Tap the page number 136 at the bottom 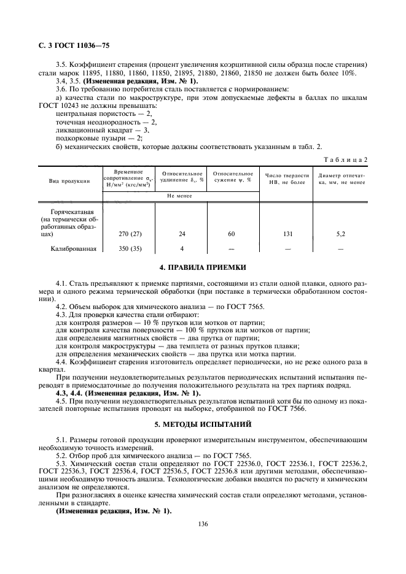[202, 522]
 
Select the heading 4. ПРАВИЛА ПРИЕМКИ [202, 267]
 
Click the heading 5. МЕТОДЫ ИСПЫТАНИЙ [202, 423]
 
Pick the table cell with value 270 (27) [128, 234]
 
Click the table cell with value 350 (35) [128, 248]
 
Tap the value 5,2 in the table [341, 234]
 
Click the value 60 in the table [232, 234]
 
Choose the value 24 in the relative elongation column [181, 234]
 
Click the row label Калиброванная [74, 248]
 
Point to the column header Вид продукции [69, 181]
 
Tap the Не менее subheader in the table [179, 196]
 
